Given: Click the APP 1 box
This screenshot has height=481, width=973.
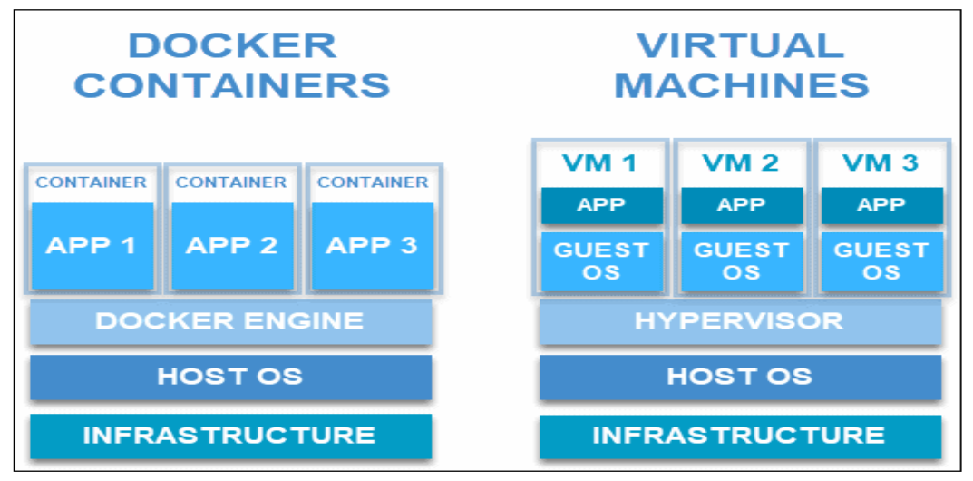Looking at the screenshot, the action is [x=92, y=246].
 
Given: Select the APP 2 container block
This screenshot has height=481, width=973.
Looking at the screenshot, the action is [x=232, y=246].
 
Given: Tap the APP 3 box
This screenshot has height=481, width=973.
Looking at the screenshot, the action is [x=373, y=246].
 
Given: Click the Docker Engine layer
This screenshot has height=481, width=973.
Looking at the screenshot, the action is [x=231, y=321].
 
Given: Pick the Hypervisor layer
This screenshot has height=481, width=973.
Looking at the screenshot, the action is [x=740, y=321].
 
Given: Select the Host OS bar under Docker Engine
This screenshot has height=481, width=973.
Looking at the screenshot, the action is [x=231, y=377].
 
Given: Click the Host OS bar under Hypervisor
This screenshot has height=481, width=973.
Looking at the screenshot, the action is [x=740, y=377].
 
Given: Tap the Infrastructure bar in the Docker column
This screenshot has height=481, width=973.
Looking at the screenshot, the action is [x=231, y=436].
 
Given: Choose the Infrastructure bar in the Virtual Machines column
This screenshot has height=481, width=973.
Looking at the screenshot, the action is [x=740, y=436].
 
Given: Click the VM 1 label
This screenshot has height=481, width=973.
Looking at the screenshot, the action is [x=600, y=163].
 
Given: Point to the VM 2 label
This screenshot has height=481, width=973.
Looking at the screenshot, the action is [x=740, y=163].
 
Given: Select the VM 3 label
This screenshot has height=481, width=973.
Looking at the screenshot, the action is [x=881, y=163].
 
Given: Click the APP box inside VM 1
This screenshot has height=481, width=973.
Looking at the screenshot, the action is [x=601, y=205].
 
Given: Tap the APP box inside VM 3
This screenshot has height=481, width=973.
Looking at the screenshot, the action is [x=881, y=205].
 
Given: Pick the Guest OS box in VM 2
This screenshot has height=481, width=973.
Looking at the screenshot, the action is [x=742, y=261].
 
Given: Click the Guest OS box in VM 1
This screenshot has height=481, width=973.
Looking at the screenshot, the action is [x=601, y=261].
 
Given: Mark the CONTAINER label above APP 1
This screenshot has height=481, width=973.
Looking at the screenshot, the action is [x=92, y=182].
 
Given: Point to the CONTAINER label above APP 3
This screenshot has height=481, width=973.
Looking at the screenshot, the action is [x=373, y=182].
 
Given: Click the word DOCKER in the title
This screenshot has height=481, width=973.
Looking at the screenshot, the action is [x=232, y=45].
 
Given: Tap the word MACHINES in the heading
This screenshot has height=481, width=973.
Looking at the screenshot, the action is [x=742, y=85].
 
